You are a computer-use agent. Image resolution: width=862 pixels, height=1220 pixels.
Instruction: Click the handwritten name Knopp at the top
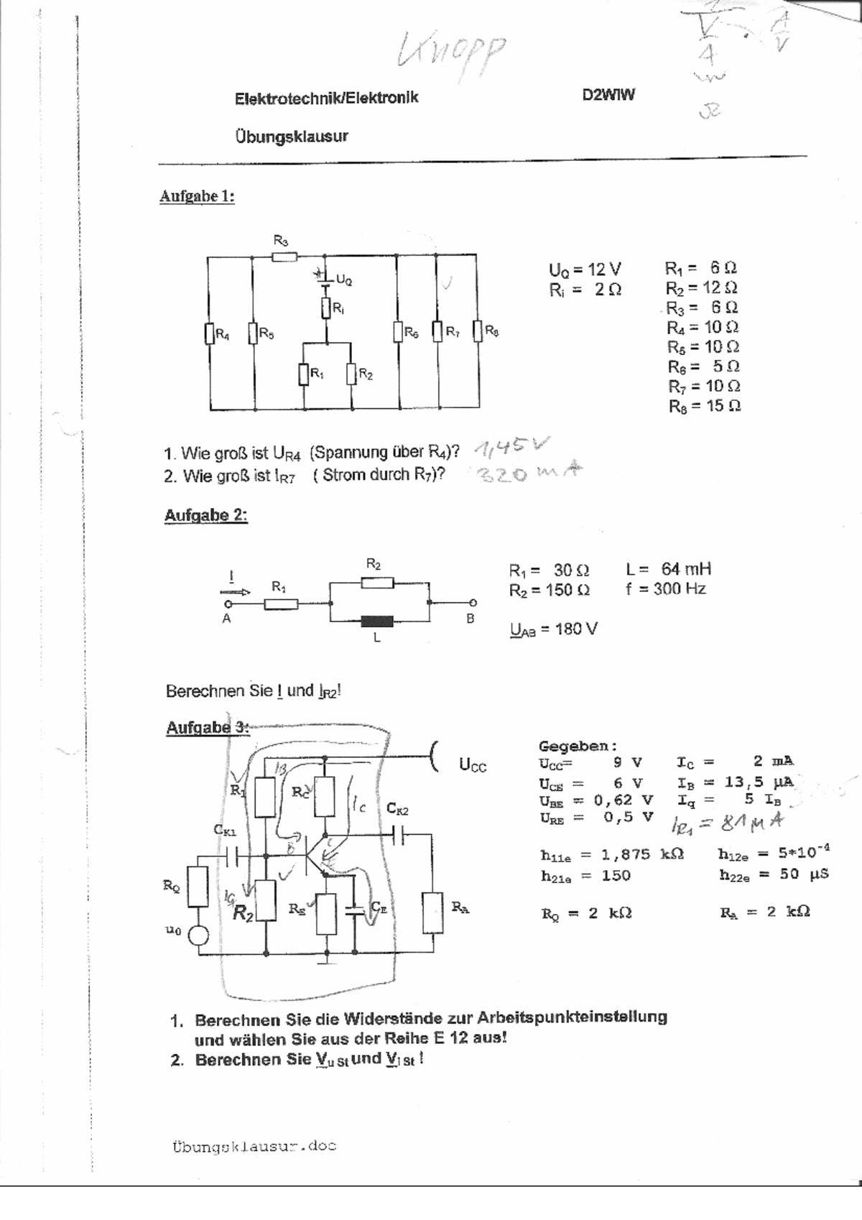point(452,52)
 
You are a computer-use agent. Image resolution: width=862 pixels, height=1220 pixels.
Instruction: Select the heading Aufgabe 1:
point(197,196)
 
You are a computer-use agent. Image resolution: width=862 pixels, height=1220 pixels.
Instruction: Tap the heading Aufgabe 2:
point(205,516)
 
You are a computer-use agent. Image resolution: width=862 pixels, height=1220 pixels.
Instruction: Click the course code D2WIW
point(608,96)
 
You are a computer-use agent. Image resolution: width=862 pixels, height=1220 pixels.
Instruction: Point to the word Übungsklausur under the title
point(291,136)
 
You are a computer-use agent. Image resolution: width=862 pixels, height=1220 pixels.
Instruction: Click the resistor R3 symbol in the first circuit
point(284,256)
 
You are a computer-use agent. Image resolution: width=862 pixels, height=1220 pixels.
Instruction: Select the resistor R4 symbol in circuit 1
point(210,334)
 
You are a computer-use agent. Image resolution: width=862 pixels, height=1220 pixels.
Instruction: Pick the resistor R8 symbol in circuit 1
point(478,332)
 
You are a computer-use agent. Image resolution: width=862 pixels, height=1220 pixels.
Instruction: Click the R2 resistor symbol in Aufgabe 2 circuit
point(377,583)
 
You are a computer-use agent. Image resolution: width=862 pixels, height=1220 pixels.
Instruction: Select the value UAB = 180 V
point(553,629)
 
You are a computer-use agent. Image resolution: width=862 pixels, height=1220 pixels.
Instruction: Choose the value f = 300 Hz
point(665,589)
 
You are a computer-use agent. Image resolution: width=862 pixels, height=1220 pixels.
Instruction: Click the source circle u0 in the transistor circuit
point(198,935)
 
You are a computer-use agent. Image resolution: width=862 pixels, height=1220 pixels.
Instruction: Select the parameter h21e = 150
point(585,876)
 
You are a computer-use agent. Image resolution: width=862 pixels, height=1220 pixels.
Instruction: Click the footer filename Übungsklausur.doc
point(254,1147)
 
